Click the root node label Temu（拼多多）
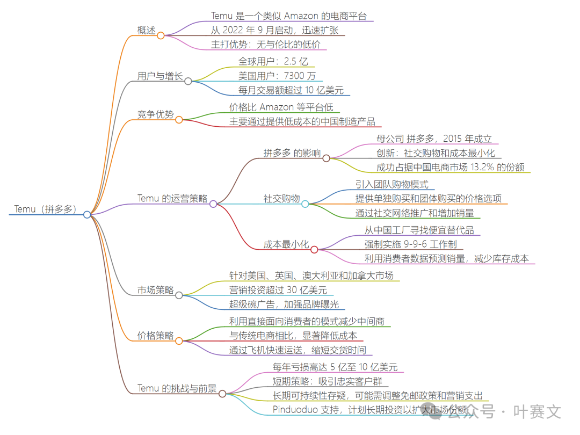click(45, 209)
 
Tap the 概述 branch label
click(146, 30)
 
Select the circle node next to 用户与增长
click(188, 81)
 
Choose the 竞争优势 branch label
click(155, 114)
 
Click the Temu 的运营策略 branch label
click(172, 198)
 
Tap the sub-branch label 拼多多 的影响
click(292, 153)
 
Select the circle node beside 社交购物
click(305, 204)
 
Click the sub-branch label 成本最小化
click(286, 244)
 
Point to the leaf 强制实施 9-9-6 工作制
click(410, 244)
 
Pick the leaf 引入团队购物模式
click(392, 184)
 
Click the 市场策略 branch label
click(155, 291)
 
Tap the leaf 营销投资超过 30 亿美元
click(278, 291)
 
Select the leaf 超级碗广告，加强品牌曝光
click(284, 305)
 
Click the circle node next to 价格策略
click(179, 340)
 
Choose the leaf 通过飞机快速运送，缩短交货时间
click(297, 350)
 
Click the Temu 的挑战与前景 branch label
click(177, 388)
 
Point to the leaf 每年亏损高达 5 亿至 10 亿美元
click(335, 367)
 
